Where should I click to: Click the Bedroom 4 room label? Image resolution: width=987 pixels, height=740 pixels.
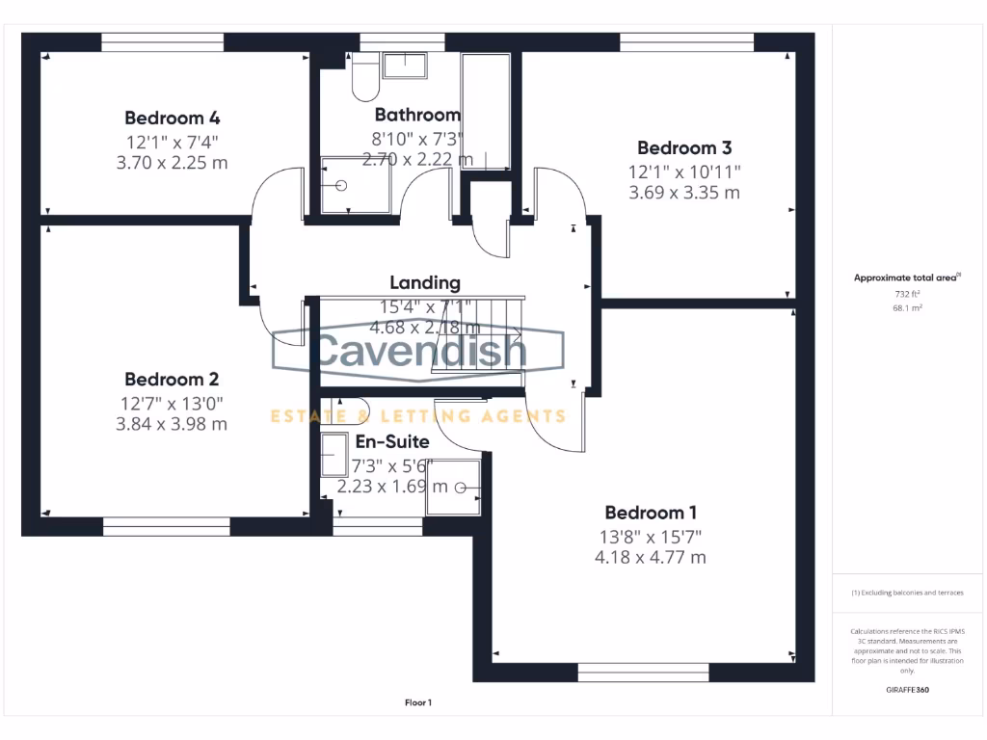[173, 119]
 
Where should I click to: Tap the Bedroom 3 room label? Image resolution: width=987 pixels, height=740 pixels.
[684, 147]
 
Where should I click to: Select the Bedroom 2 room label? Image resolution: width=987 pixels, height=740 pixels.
[172, 380]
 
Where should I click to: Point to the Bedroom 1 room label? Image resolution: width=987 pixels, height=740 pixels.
[651, 513]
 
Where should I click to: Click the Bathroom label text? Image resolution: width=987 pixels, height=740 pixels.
[417, 115]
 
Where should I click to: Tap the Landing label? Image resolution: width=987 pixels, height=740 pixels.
[425, 282]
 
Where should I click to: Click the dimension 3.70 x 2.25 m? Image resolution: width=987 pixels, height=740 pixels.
[172, 163]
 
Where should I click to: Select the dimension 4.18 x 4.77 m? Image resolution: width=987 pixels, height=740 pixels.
[651, 557]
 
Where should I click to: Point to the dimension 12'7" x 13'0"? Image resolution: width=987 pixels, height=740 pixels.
[172, 403]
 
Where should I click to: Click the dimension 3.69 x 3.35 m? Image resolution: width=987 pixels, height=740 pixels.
[684, 193]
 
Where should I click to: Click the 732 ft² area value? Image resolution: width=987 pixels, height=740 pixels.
[905, 295]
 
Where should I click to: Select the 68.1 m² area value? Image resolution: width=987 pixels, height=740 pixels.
[905, 308]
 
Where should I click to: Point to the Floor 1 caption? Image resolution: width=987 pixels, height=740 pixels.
[418, 703]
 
